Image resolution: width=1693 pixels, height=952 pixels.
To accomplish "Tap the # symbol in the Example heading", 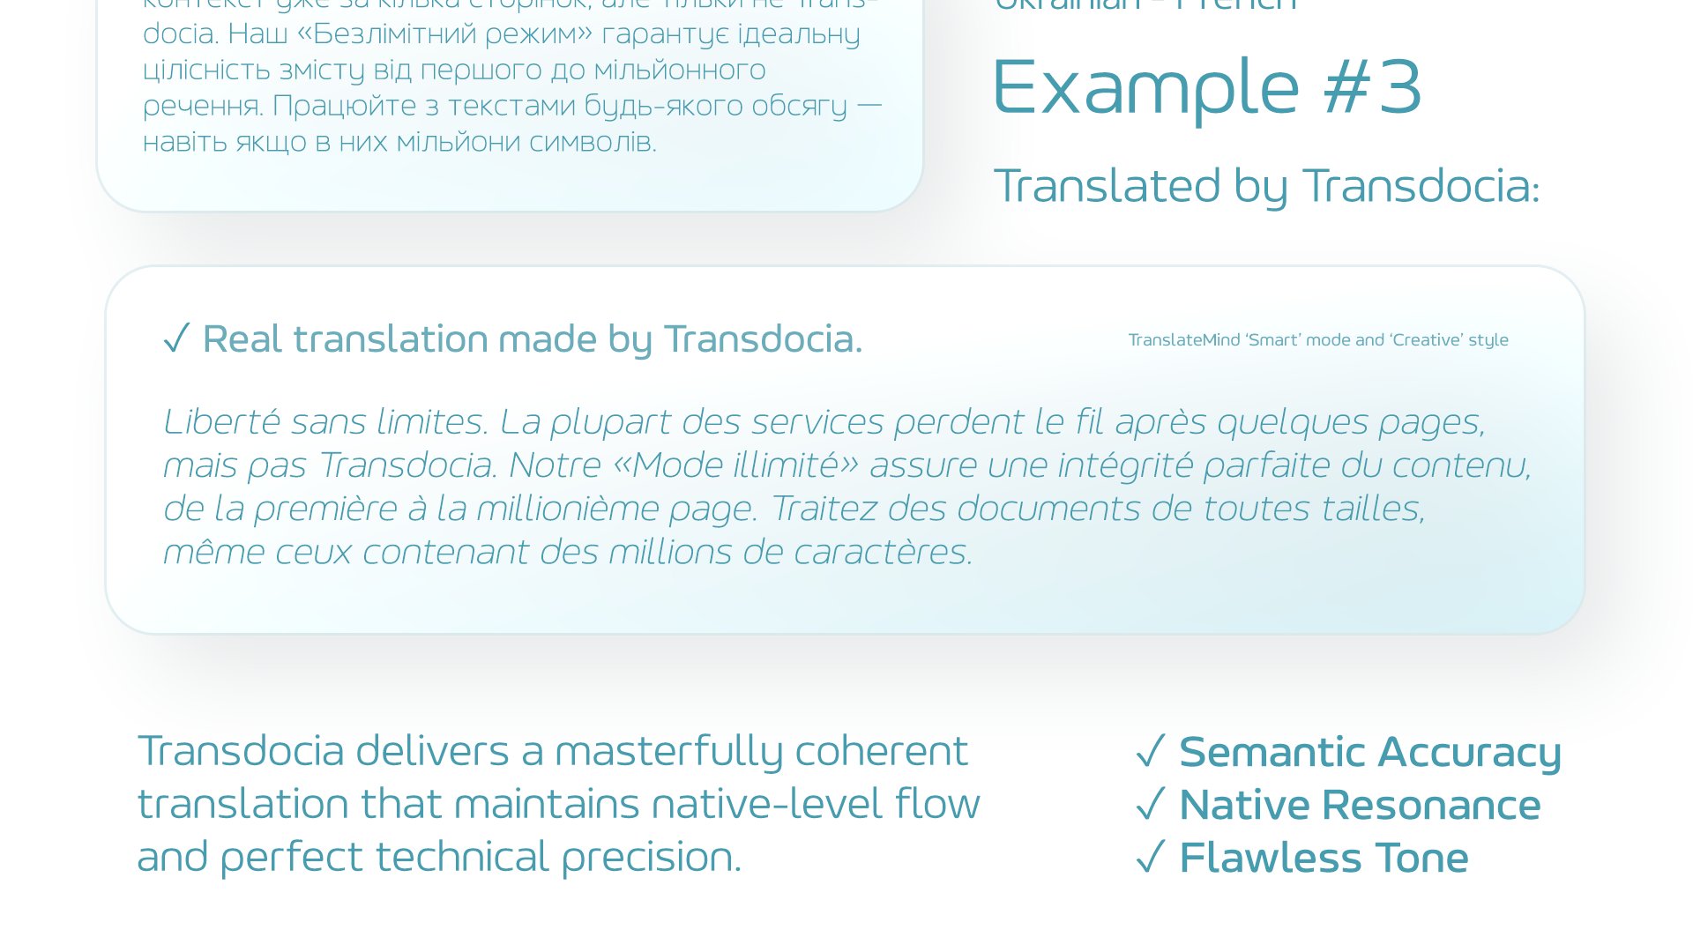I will coord(1346,87).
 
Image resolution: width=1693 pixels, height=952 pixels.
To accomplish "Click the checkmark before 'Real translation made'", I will coord(176,338).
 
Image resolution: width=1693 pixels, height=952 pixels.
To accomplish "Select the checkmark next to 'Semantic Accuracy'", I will coord(1151,752).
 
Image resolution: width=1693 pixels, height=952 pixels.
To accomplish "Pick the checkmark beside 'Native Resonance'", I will coord(1151,804).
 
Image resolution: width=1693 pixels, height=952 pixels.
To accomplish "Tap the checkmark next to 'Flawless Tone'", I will coord(1151,857).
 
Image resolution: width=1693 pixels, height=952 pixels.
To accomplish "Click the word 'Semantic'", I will coord(1272,752).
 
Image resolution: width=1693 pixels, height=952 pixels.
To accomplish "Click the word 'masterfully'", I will coord(668,752).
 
